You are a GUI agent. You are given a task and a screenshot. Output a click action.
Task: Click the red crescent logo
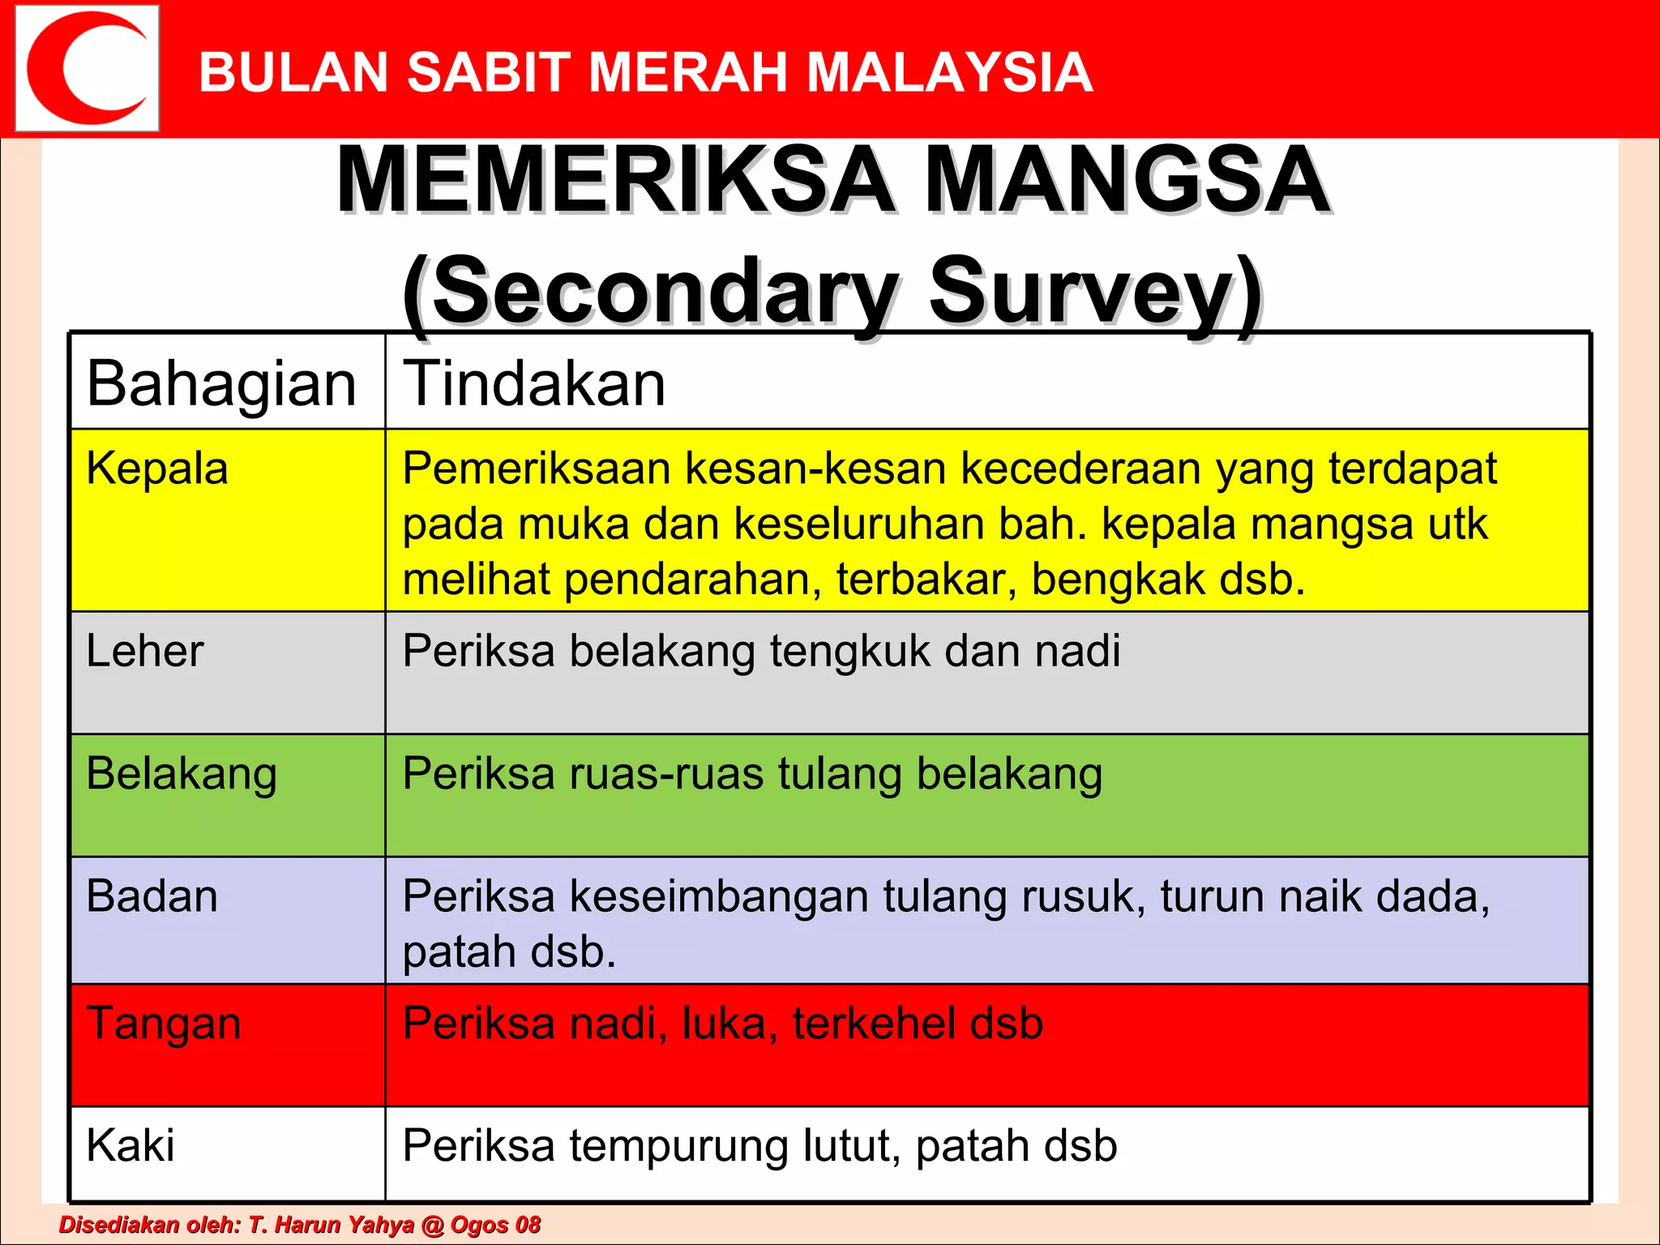[87, 68]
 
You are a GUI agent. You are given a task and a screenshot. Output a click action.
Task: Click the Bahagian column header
[221, 383]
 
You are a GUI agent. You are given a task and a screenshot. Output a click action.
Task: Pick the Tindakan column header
[534, 383]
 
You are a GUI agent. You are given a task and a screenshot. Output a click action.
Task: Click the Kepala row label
[157, 468]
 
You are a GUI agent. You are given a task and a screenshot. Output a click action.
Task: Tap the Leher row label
[145, 651]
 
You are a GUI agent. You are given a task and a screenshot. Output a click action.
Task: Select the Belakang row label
[182, 774]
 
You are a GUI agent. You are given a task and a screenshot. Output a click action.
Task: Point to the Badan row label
[152, 896]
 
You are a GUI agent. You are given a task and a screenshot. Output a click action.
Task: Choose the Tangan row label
[164, 1023]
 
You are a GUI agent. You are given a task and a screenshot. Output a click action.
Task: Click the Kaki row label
[130, 1145]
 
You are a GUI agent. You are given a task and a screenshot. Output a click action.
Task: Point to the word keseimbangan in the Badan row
[719, 896]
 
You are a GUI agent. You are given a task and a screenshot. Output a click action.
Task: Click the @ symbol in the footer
[434, 1225]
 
